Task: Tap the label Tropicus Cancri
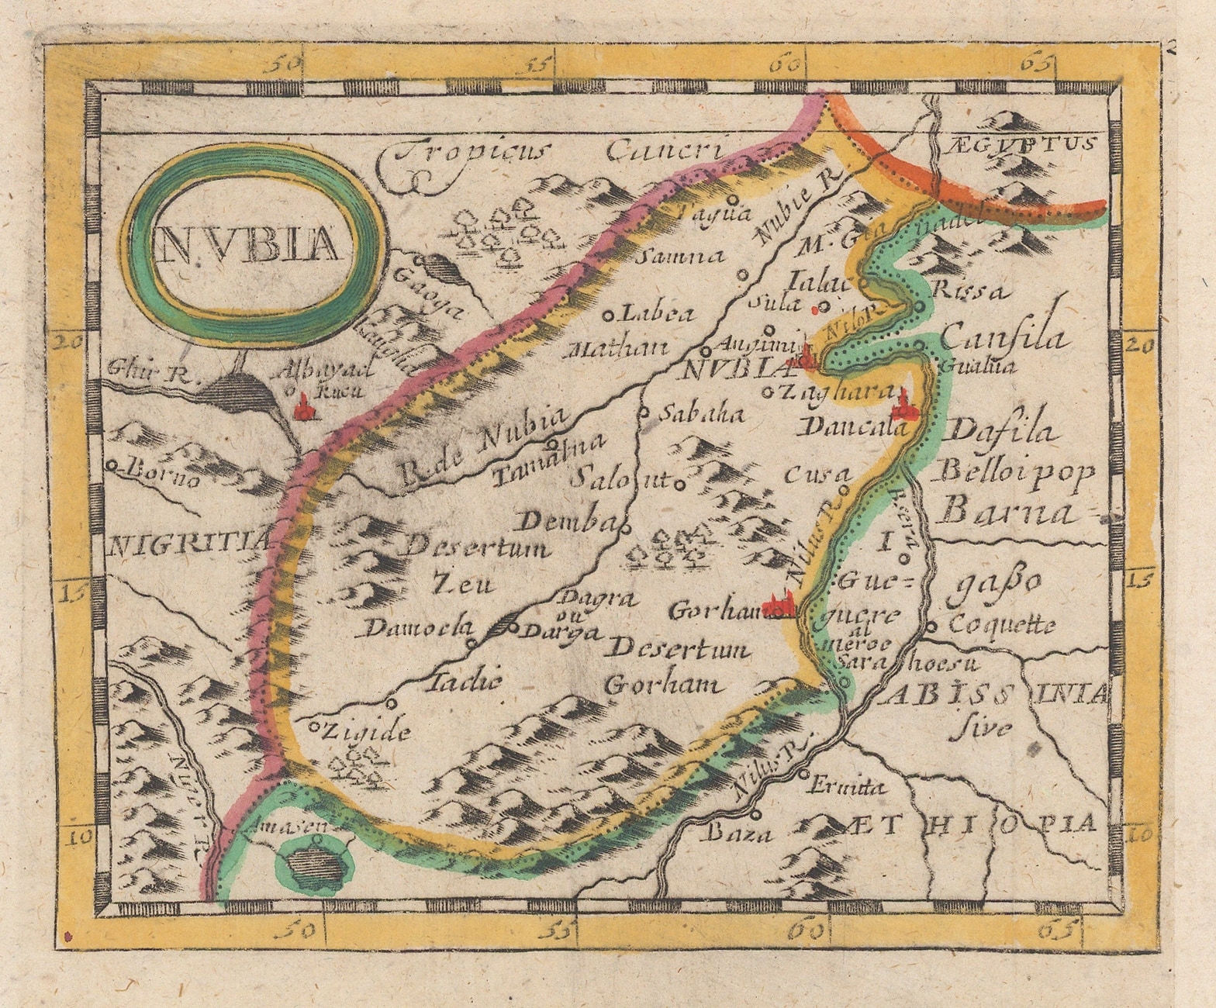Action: pyautogui.click(x=557, y=154)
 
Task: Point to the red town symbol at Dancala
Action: pyautogui.click(x=902, y=403)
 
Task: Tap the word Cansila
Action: pyautogui.click(x=1004, y=340)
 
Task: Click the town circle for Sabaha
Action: pyautogui.click(x=643, y=413)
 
